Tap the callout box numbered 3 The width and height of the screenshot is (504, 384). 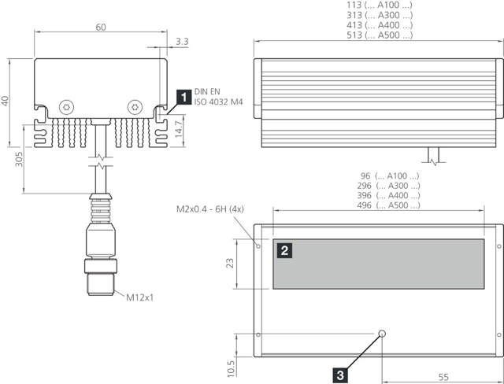point(339,375)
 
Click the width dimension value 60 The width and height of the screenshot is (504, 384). point(101,28)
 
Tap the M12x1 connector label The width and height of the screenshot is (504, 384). point(141,297)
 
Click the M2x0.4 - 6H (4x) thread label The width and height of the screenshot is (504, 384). point(214,211)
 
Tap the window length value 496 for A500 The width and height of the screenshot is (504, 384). point(365,205)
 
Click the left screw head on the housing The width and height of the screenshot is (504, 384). point(66,106)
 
